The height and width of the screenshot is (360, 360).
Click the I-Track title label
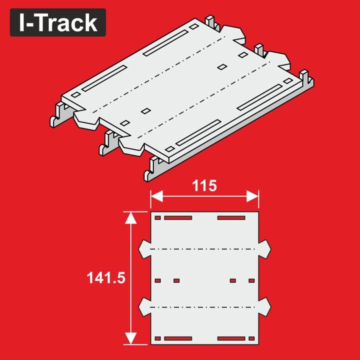(57, 23)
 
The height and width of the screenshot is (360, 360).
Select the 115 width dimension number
(204, 186)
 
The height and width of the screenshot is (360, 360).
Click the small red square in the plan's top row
(158, 218)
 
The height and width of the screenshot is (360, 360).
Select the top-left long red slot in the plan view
(178, 218)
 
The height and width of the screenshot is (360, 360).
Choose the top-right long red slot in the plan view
(231, 218)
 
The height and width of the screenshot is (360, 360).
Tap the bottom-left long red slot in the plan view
(178, 338)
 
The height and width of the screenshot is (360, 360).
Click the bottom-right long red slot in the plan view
(231, 338)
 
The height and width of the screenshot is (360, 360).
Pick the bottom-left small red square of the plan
(158, 338)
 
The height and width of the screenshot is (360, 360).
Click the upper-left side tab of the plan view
(145, 248)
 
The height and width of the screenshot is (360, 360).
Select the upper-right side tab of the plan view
(265, 248)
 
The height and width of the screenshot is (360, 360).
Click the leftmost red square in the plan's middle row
(158, 280)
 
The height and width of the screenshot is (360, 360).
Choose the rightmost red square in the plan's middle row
(251, 280)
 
